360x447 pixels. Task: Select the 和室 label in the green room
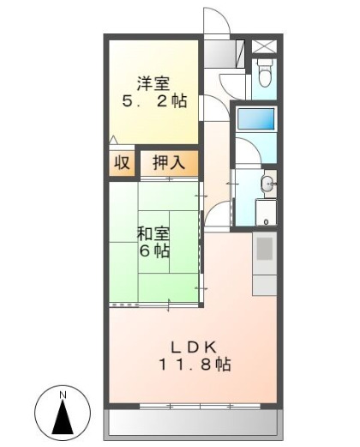pyautogui.click(x=154, y=233)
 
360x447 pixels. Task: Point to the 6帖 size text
pyautogui.click(x=154, y=251)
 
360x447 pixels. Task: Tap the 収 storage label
pyautogui.click(x=123, y=162)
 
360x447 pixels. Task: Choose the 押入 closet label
pyautogui.click(x=168, y=162)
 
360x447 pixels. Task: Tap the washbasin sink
pyautogui.click(x=268, y=182)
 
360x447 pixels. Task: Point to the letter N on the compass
pyautogui.click(x=63, y=396)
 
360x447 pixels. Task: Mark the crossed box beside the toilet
pyautogui.click(x=265, y=45)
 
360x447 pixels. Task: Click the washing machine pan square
pyautogui.click(x=266, y=213)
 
